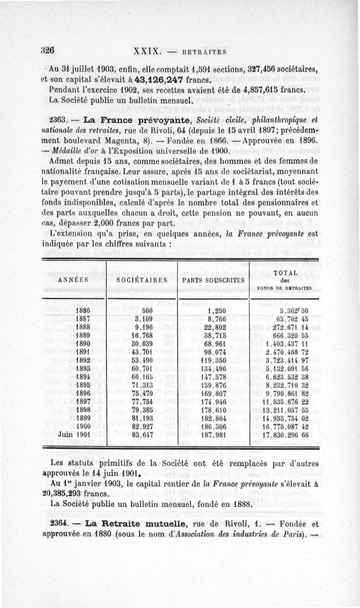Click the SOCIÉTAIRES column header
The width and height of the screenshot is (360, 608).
[x=142, y=280]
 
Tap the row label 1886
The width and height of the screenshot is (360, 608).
[x=83, y=310]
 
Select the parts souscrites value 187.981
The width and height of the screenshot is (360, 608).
[x=215, y=435]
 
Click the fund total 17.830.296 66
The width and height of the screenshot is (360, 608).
[x=285, y=435]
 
